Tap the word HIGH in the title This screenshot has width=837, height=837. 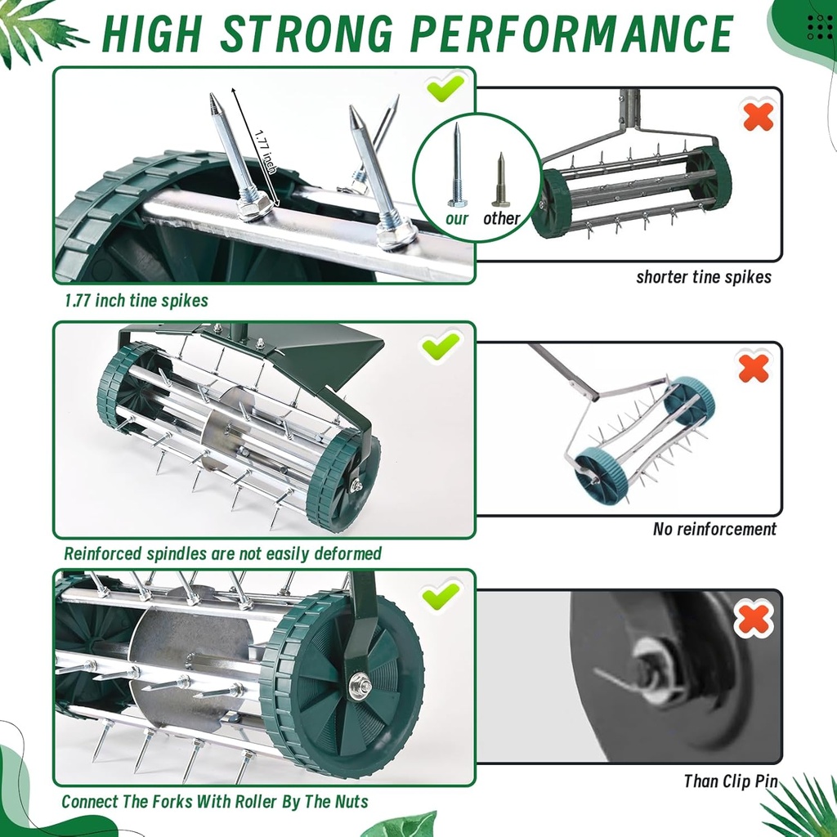click(x=153, y=34)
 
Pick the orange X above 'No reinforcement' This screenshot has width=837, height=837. click(x=754, y=368)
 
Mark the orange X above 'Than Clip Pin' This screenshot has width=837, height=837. click(x=754, y=619)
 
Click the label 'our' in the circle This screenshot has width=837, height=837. click(x=457, y=218)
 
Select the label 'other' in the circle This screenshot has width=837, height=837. click(x=501, y=218)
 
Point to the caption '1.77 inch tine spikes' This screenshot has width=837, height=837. click(x=137, y=301)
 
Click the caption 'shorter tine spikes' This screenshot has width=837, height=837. click(x=703, y=277)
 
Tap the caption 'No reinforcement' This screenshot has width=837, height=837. click(x=714, y=529)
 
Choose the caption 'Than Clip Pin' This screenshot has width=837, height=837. click(x=730, y=781)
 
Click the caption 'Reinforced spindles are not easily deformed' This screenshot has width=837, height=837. click(x=222, y=554)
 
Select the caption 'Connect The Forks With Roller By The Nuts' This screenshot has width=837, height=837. click(x=215, y=801)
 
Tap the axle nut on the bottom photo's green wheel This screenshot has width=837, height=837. click(x=359, y=685)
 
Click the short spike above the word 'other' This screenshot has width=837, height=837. click(x=500, y=182)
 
